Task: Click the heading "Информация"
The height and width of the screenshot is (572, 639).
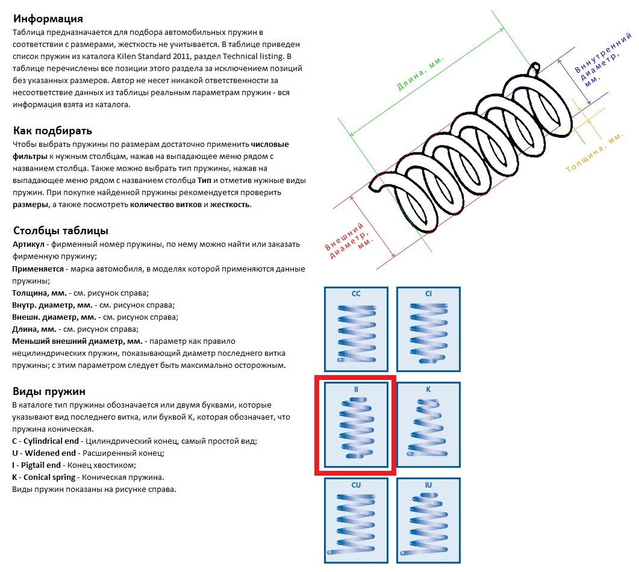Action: pyautogui.click(x=48, y=19)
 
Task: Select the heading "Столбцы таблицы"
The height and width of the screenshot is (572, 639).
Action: pyautogui.click(x=60, y=231)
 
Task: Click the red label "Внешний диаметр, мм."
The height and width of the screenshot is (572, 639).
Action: pyautogui.click(x=349, y=243)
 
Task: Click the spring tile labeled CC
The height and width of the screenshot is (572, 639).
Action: pyautogui.click(x=356, y=329)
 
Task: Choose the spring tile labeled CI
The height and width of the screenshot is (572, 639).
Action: pyautogui.click(x=428, y=329)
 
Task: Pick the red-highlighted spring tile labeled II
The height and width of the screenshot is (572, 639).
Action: pyautogui.click(x=355, y=425)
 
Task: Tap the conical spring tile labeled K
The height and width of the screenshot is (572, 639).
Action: pyautogui.click(x=428, y=425)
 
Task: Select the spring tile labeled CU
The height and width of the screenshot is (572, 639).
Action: pyautogui.click(x=356, y=520)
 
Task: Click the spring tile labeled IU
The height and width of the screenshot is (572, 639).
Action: pyautogui.click(x=428, y=520)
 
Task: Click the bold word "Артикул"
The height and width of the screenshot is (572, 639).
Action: pyautogui.click(x=30, y=244)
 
